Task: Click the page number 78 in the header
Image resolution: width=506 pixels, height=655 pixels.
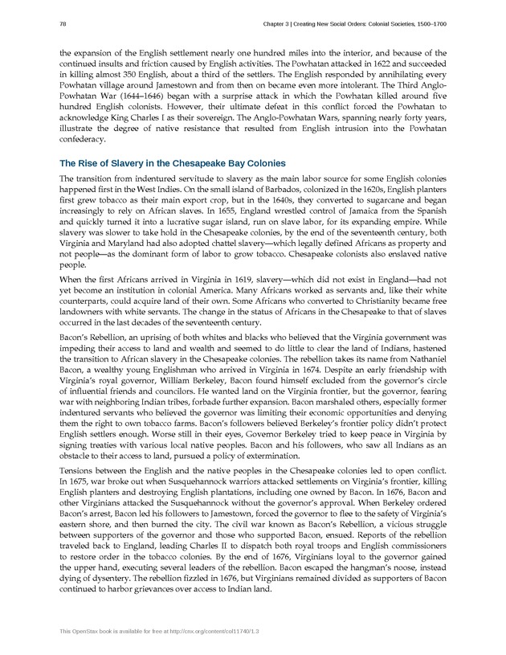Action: point(63,24)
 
